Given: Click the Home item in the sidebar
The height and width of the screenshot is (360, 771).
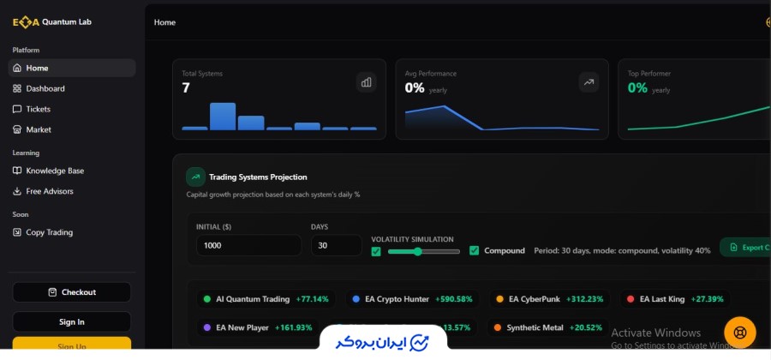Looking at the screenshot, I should click(37, 68).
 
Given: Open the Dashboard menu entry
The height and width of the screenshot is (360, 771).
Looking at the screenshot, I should click(45, 88).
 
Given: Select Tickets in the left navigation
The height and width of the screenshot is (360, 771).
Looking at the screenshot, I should click(38, 109).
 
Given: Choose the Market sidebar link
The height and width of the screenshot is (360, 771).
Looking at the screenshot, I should click(38, 129).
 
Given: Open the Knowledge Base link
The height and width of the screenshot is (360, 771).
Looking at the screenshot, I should click(54, 171).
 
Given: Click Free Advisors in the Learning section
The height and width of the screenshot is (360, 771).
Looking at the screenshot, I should click(49, 191).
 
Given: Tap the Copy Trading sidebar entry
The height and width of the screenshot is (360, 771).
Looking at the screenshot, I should click(49, 232).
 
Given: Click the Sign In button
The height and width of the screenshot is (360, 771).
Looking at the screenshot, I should click(71, 321).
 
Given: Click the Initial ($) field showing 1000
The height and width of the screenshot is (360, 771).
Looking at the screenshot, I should click(248, 246).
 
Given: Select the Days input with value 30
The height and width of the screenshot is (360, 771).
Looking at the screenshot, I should click(335, 246).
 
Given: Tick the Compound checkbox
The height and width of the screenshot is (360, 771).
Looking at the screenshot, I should click(475, 251).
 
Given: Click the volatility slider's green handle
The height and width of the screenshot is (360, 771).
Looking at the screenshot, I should click(417, 251).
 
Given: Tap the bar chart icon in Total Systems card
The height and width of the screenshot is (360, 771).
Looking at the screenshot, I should click(367, 82).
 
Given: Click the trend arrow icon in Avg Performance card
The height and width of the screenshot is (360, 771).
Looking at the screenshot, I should click(589, 82).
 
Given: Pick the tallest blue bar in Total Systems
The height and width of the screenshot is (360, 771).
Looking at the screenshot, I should click(223, 117).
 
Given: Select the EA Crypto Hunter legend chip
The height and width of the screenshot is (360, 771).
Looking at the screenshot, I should click(412, 299).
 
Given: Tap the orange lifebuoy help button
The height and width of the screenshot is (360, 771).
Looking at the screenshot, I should click(739, 333).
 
